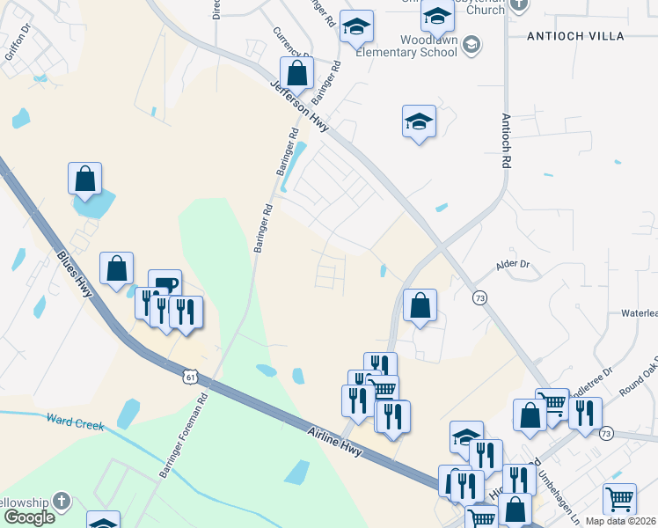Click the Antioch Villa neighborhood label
pyautogui.click(x=574, y=36)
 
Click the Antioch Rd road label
pyautogui.click(x=506, y=140)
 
